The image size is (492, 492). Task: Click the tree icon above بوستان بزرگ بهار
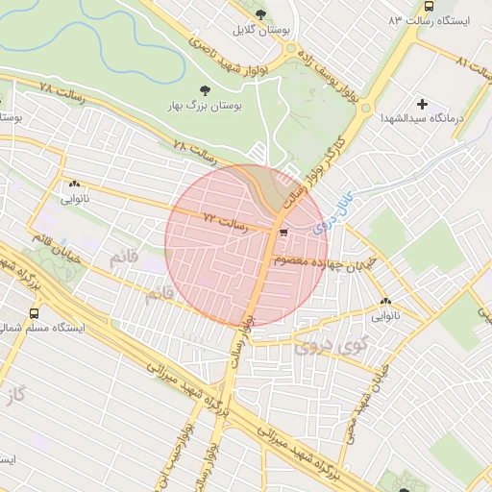(x=201, y=90)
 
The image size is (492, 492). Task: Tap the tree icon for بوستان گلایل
(x=261, y=13)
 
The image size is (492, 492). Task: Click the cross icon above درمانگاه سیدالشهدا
(x=422, y=103)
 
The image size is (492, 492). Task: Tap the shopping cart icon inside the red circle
(x=283, y=232)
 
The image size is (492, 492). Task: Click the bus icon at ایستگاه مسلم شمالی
(x=36, y=313)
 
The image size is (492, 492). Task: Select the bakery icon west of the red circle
(x=74, y=185)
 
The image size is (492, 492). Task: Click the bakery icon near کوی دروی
(x=389, y=300)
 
